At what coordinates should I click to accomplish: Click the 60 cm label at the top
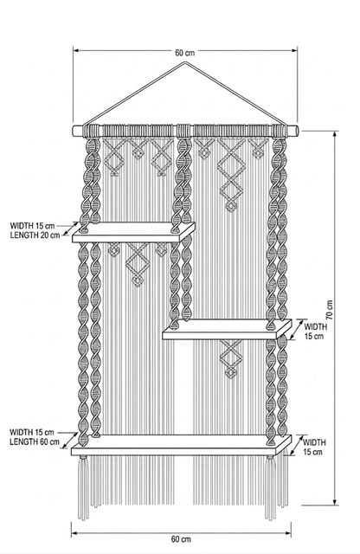tap(185, 53)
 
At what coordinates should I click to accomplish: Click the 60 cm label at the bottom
tap(181, 539)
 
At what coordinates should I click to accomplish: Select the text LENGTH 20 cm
tap(35, 235)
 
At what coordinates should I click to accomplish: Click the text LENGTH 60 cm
tap(35, 441)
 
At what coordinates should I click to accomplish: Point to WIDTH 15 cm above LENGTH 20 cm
tap(32, 226)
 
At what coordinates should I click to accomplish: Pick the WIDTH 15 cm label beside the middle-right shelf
tap(315, 332)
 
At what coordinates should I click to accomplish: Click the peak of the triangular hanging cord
tap(184, 62)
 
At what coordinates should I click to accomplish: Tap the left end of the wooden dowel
tap(74, 131)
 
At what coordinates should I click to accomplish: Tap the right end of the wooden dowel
tap(297, 131)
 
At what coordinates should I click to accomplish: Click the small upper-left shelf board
tap(133, 233)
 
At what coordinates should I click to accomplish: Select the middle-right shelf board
tap(228, 330)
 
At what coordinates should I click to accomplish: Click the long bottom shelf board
tap(182, 445)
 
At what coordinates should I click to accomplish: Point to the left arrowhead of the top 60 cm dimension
tap(75, 50)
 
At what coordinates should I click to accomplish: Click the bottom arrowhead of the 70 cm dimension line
tap(335, 502)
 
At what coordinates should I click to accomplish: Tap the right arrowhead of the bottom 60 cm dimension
tap(289, 533)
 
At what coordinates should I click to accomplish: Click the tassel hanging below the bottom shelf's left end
tap(83, 487)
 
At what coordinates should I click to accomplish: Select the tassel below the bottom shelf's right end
tap(270, 487)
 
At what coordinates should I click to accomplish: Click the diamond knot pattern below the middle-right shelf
tap(231, 358)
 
